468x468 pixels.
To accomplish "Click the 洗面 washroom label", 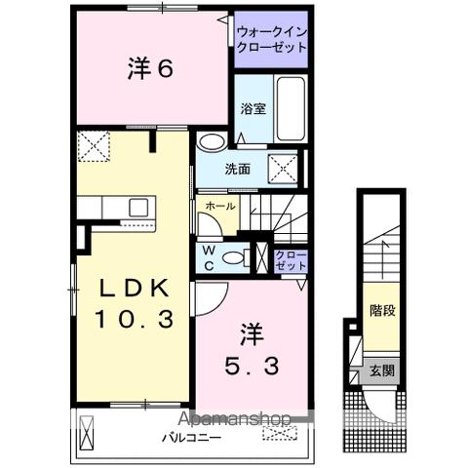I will [x=238, y=169].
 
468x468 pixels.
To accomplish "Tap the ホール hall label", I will [x=214, y=205].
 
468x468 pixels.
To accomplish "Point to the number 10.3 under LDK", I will [x=135, y=317].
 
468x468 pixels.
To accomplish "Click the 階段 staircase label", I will [x=382, y=313].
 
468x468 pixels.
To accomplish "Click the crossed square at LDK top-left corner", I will [x=94, y=146].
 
